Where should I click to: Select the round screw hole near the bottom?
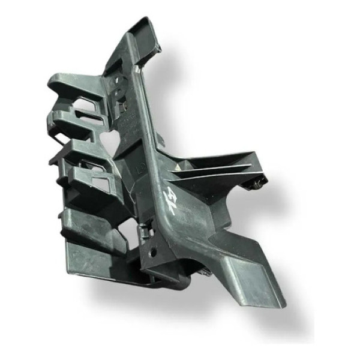click(x=153, y=252)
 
